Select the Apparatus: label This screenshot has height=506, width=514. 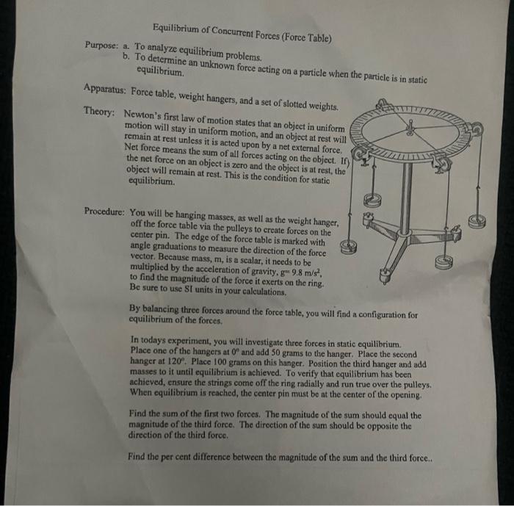click(107, 91)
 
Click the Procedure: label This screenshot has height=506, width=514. click(105, 211)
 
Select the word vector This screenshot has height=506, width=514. click(145, 261)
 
